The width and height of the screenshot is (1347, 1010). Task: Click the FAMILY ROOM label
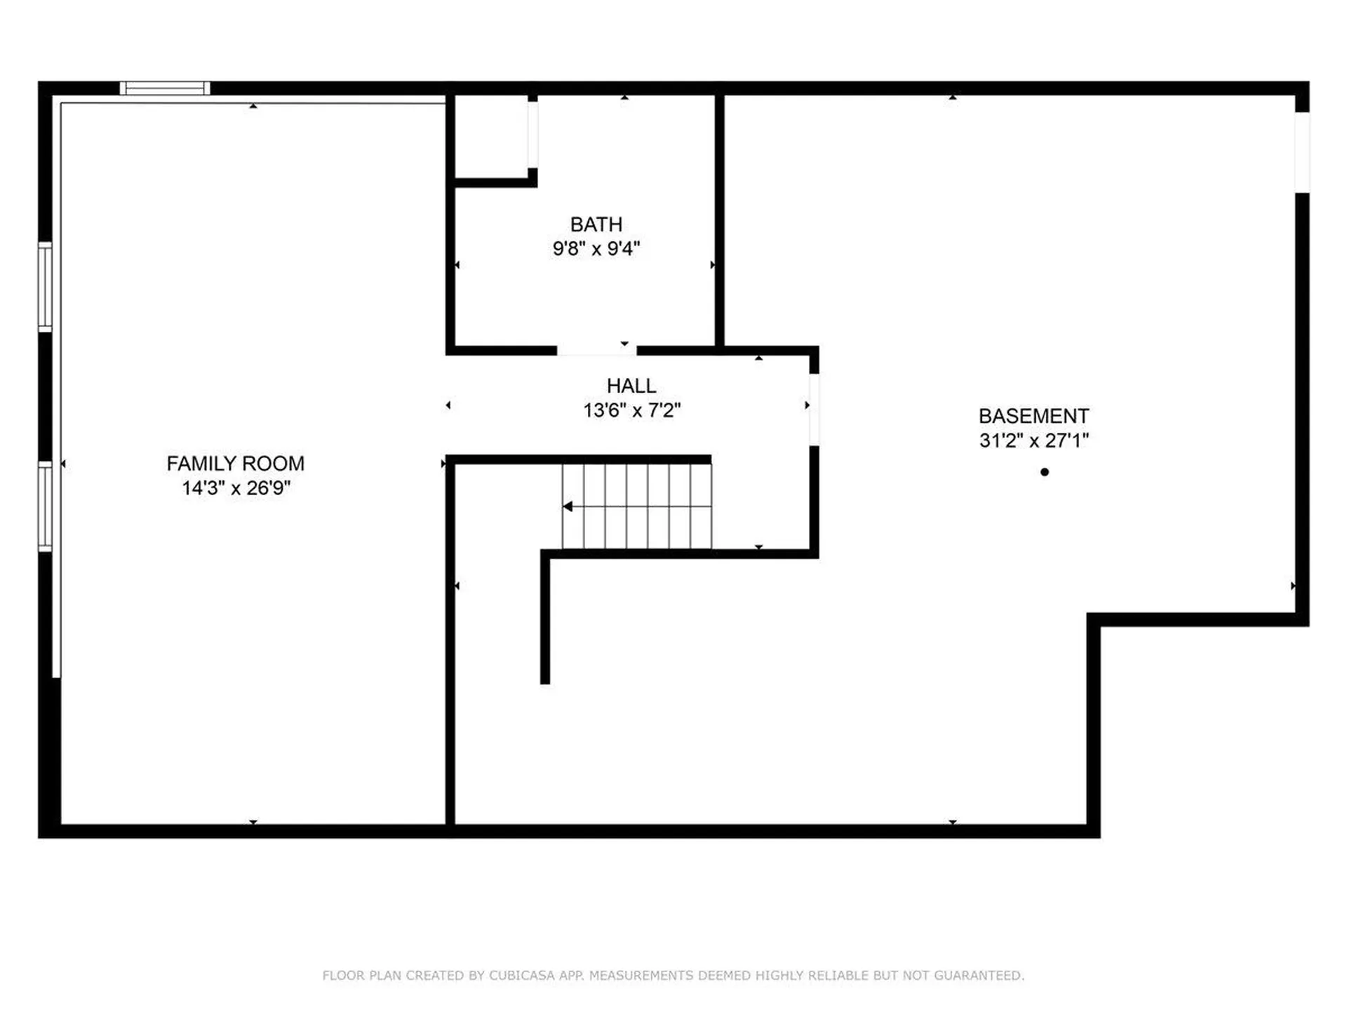235,464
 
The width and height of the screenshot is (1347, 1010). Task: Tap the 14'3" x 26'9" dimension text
236,488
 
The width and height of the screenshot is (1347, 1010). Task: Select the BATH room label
596,224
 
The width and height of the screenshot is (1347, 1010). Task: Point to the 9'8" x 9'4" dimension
596,249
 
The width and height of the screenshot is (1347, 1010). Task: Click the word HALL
631,386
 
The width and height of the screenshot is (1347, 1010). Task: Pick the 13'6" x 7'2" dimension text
631,410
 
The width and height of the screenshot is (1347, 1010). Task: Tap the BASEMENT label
1033,416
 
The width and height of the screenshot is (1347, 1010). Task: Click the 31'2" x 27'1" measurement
1033,440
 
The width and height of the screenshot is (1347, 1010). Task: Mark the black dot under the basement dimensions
1045,472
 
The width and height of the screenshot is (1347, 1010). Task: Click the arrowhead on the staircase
568,506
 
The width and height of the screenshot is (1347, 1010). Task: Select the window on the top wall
165,88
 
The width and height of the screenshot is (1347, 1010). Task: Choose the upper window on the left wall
45,286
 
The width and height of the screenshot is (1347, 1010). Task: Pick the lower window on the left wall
45,506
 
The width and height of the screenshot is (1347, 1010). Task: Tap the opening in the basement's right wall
1302,152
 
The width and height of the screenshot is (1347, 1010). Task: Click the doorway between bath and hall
596,350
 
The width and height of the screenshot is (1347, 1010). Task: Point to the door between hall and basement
814,410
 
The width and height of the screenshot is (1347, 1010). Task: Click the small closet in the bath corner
491,137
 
